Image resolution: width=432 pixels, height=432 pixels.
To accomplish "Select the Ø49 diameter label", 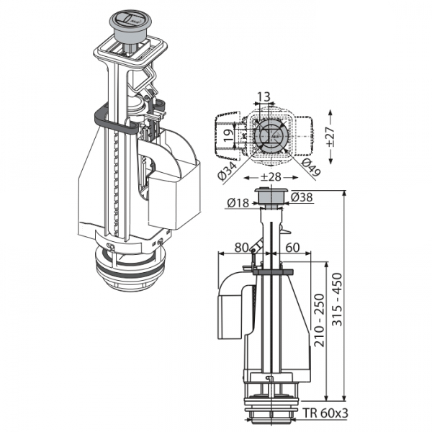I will click(311, 168).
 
